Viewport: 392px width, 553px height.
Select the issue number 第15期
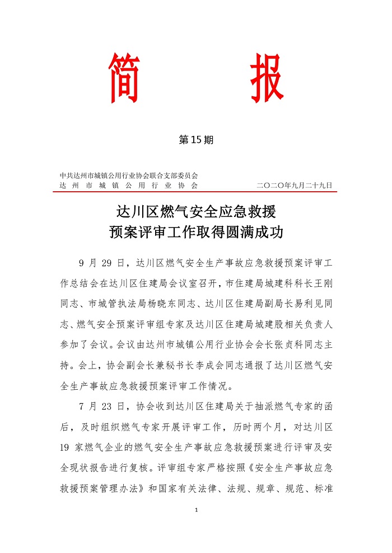196,140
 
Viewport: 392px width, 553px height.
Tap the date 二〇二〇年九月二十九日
295,185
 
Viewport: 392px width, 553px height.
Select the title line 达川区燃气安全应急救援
195,212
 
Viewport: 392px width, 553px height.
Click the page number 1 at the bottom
196,510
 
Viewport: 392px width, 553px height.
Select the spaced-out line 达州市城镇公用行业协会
129,185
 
